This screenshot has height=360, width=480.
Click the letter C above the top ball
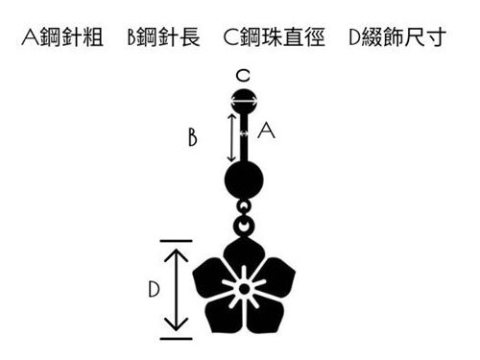coord(244,74)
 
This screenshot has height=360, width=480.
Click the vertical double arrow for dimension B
coord(229,136)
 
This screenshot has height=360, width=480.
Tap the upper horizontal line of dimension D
coord(177,240)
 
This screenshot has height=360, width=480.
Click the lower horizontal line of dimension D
coord(177,338)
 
